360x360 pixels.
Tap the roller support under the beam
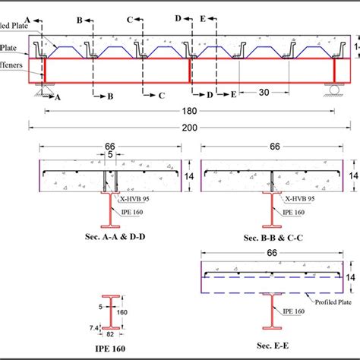point(335,90)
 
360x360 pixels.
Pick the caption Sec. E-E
point(273,343)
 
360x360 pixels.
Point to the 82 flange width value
point(111,333)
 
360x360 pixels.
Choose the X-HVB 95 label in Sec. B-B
point(297,198)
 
